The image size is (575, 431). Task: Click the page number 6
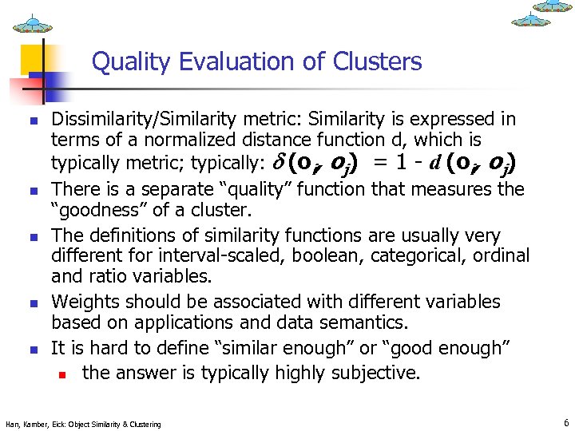coord(565,422)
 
